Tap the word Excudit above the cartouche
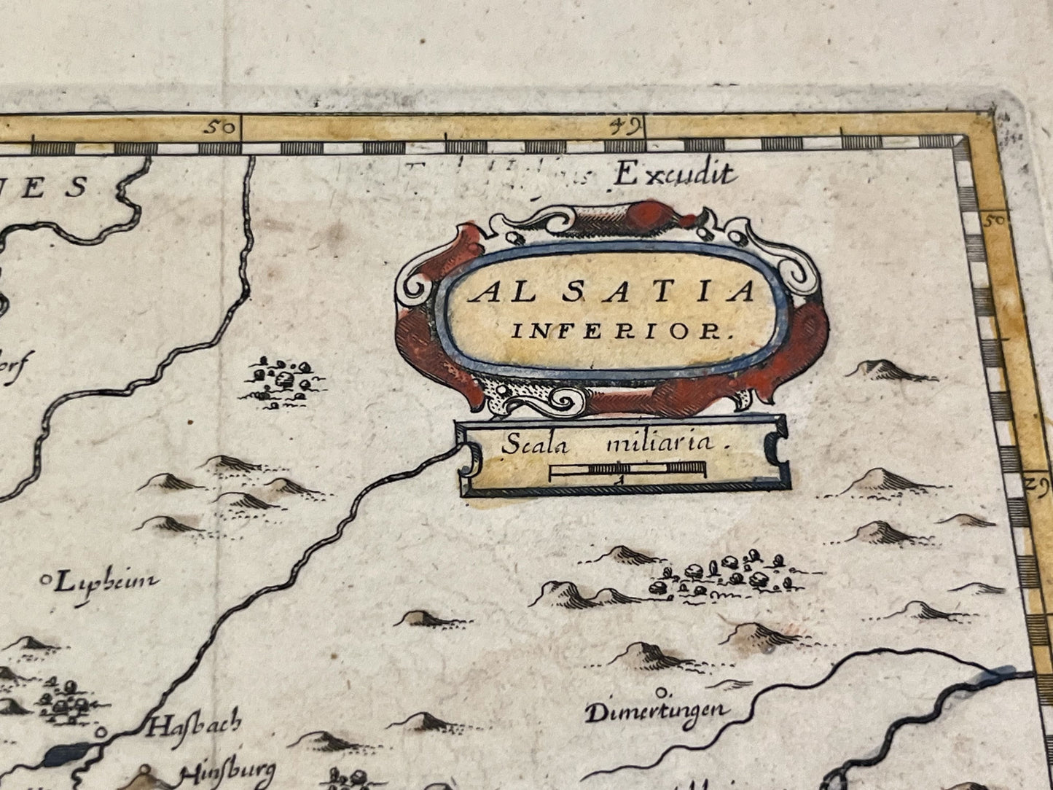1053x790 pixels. point(673,174)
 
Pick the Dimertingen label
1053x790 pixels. point(656,711)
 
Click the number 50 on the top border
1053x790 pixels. point(221,128)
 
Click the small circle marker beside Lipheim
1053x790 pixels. point(47,581)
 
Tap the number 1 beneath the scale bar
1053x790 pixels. point(619,482)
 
